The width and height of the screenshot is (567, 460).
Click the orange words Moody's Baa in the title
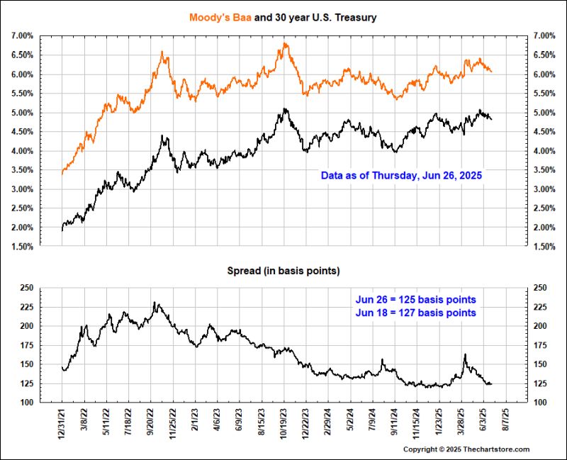[218, 17]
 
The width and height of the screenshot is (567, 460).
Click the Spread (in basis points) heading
[283, 271]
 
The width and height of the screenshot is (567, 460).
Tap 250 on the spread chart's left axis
[26, 288]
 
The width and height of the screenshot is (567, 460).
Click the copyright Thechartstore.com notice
[466, 449]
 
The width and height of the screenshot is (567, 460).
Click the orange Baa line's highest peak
[285, 44]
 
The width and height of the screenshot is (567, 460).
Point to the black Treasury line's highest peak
[285, 109]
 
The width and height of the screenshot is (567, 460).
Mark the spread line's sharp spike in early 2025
[465, 354]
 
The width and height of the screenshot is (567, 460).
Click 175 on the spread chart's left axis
[26, 345]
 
